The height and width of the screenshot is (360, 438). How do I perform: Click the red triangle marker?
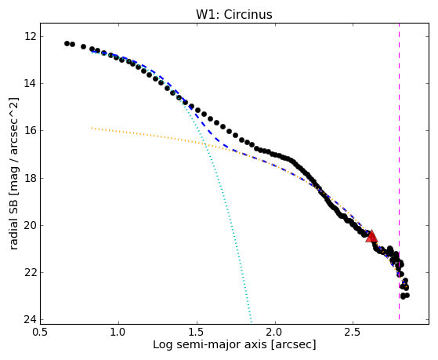[x=371, y=237]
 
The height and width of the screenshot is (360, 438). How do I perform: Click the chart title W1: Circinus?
[x=234, y=15]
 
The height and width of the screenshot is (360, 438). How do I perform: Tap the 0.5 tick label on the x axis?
[x=41, y=333]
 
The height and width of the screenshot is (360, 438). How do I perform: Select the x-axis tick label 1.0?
[x=119, y=333]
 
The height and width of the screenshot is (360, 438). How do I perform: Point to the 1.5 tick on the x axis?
[x=197, y=333]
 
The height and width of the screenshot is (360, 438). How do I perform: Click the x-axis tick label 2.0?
[x=275, y=333]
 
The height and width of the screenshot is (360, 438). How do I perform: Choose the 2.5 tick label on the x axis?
[x=353, y=333]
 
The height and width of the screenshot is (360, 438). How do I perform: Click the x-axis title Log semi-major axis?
[x=210, y=345]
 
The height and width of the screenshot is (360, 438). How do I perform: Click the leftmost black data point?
[x=67, y=43]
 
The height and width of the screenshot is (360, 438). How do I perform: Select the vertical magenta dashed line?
[x=399, y=171]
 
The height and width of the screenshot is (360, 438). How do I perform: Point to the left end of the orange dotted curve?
[x=92, y=128]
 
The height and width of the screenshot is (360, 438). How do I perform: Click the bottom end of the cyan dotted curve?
[x=251, y=321]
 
